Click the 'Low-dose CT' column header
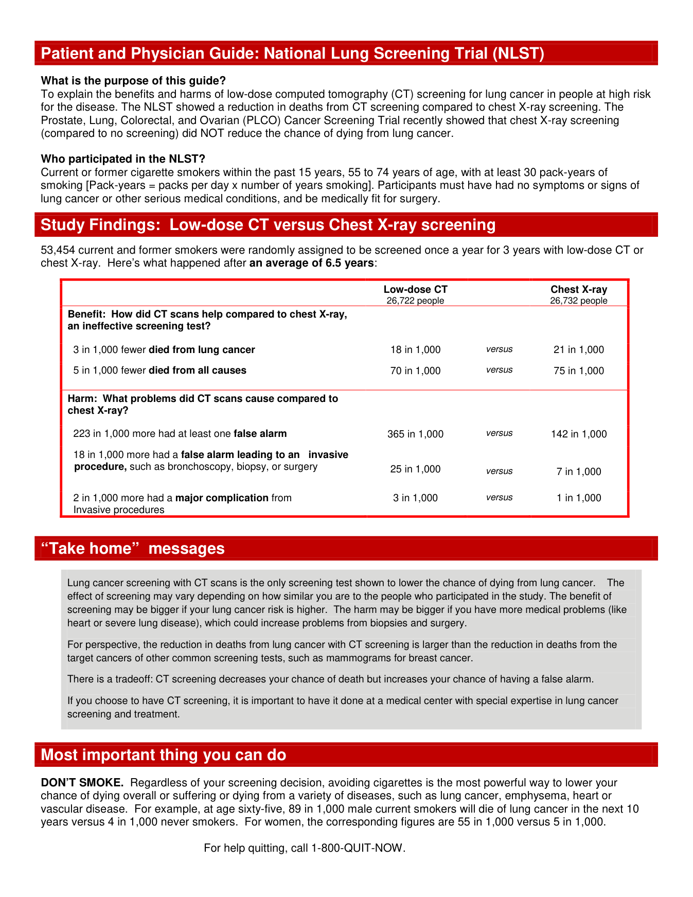point(415,290)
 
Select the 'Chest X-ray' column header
point(579,290)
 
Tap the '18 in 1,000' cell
point(415,350)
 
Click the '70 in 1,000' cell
point(415,371)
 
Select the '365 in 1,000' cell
point(415,434)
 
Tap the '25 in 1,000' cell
point(415,469)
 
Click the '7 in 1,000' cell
point(579,472)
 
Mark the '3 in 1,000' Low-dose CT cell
point(415,498)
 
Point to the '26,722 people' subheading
point(415,301)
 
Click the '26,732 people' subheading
point(579,301)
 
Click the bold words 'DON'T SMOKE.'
point(82,783)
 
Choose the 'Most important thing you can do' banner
point(163,755)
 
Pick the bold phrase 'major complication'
point(222,498)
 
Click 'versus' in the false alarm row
point(499,433)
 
